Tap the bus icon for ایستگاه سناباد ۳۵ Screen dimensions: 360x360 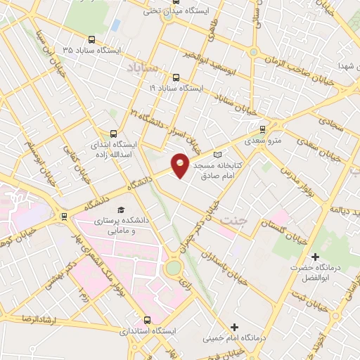tap(91, 40)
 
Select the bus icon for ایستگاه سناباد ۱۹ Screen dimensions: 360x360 tap(175, 77)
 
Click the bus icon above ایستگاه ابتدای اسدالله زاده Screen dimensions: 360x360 tap(114, 133)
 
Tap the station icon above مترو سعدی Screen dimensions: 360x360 tap(263, 129)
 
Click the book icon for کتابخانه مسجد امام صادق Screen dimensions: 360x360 tap(217, 154)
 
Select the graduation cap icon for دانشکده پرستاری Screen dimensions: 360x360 tap(120, 210)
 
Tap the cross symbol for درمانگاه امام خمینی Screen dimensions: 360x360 tap(234, 327)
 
